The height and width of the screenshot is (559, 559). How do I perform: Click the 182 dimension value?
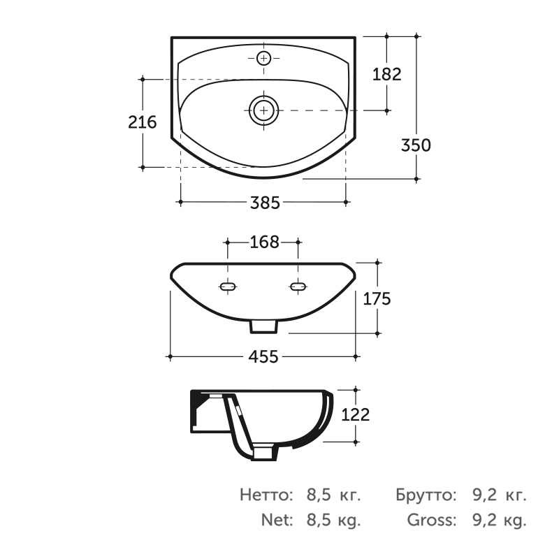387,74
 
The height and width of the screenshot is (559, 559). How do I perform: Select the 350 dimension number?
416,145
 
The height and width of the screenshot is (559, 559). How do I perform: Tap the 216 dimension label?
143,122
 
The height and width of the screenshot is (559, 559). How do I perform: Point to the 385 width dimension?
265,203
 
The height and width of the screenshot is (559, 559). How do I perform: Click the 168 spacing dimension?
264,242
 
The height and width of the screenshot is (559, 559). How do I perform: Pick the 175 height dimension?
377,299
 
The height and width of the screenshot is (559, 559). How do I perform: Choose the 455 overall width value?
263,356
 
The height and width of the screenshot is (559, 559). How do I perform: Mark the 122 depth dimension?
356,414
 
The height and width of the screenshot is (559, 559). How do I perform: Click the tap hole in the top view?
264,58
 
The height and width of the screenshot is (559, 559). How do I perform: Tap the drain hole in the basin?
264,110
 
